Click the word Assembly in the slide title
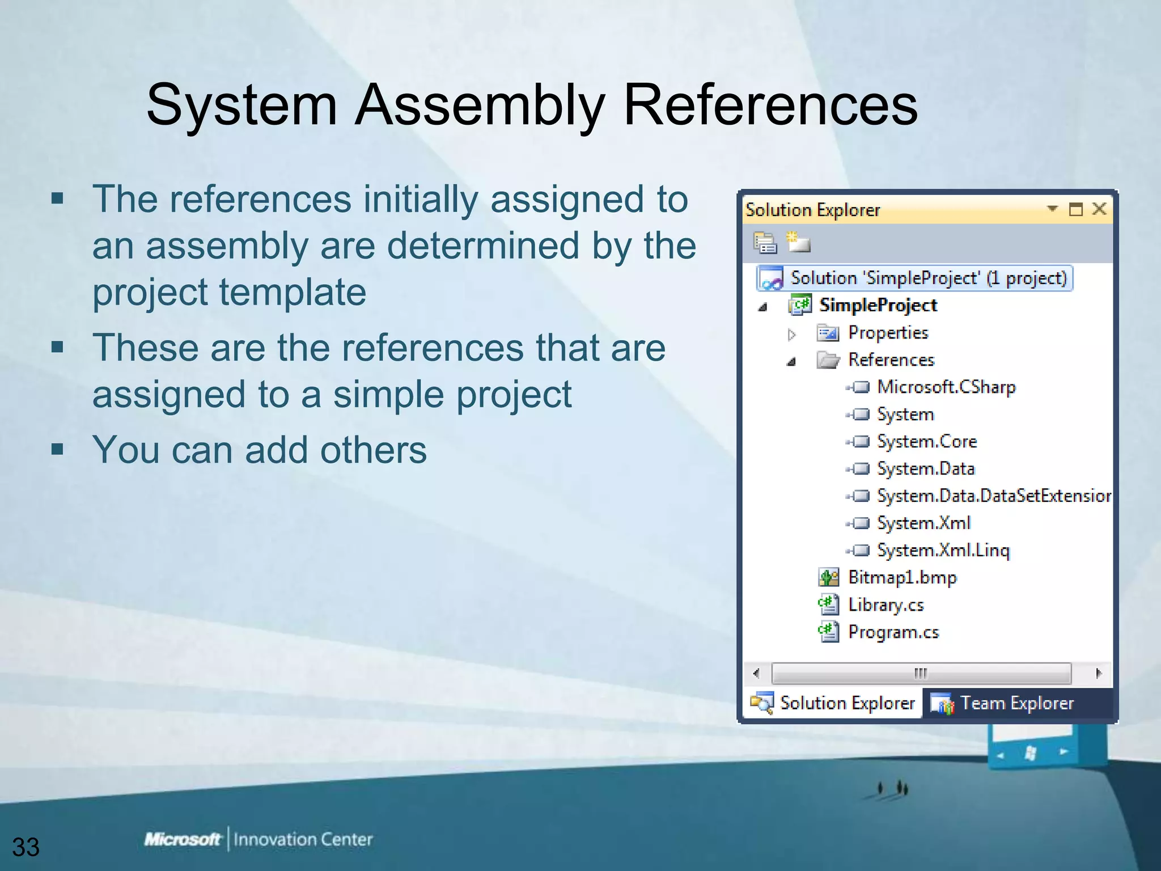pos(480,105)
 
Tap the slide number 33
pos(26,847)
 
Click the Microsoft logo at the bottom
pos(182,839)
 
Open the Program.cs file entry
pos(893,632)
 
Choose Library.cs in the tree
pos(885,604)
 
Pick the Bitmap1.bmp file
pos(901,577)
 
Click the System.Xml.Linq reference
pos(943,550)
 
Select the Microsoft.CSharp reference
pos(946,387)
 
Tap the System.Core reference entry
pos(926,441)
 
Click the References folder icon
pos(828,360)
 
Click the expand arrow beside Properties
pos(792,335)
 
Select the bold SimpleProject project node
pos(878,305)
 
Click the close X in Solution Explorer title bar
pos(1099,209)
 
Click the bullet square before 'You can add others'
pos(57,450)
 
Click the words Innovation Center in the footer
pos(303,839)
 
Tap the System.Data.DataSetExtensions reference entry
pos(993,496)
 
